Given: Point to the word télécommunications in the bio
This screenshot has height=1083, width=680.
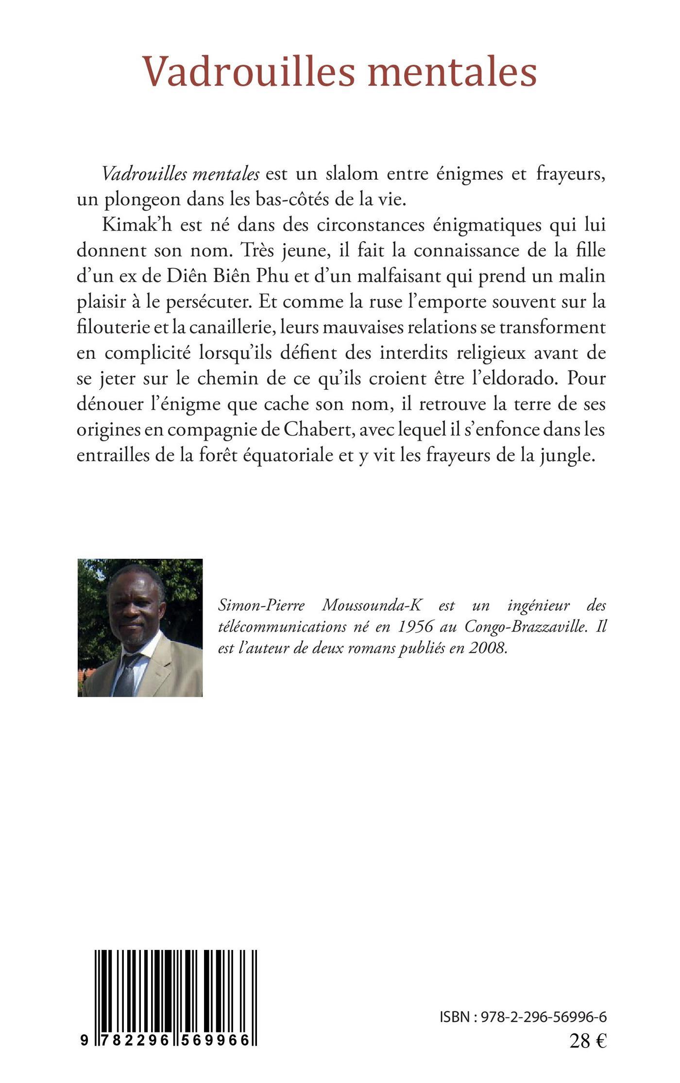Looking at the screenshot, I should coord(279,627).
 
